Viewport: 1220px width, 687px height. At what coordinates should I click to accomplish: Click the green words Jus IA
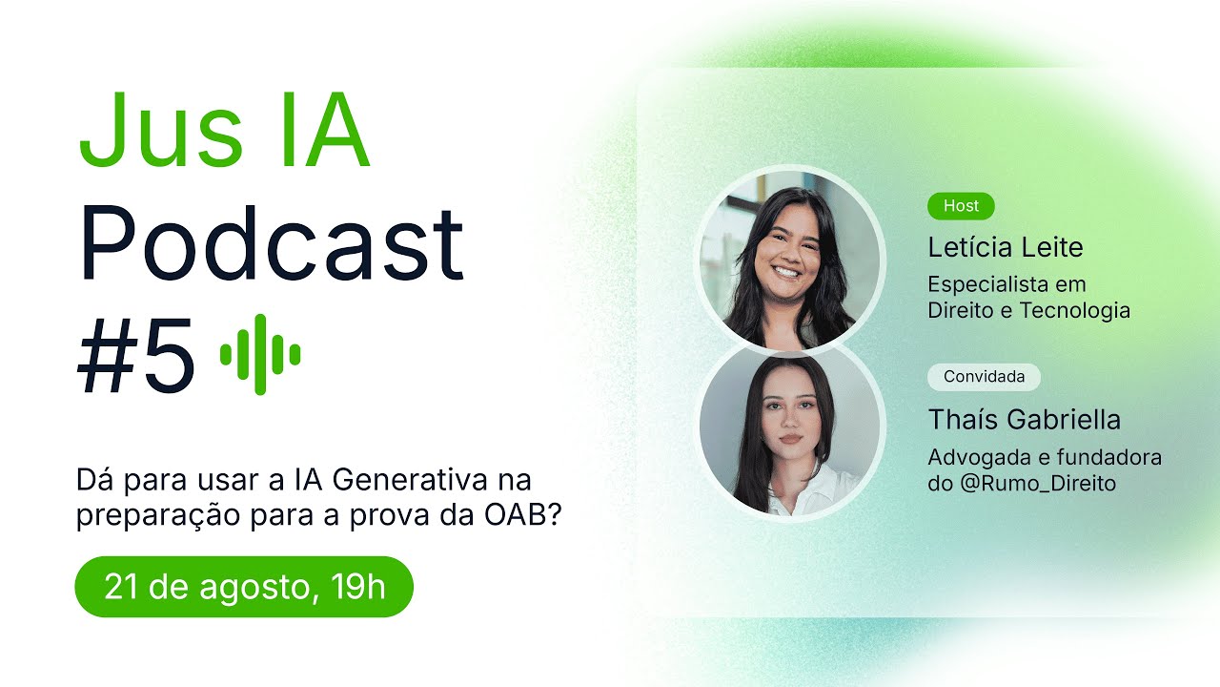[223, 131]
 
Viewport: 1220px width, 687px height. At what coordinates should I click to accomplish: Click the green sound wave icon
[260, 354]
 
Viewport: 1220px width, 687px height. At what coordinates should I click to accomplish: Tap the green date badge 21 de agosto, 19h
[244, 587]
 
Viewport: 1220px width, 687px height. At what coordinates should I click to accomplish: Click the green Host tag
[961, 205]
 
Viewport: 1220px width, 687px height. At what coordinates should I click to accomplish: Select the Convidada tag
[984, 377]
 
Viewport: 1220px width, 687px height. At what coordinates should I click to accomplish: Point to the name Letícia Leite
[1006, 248]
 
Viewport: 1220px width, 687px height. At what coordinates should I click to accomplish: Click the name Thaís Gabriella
[1024, 420]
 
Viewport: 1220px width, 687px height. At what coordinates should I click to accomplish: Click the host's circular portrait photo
[789, 260]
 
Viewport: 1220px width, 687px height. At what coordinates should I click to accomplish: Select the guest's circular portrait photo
[789, 432]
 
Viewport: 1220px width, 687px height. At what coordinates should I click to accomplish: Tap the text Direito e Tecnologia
[1028, 310]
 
